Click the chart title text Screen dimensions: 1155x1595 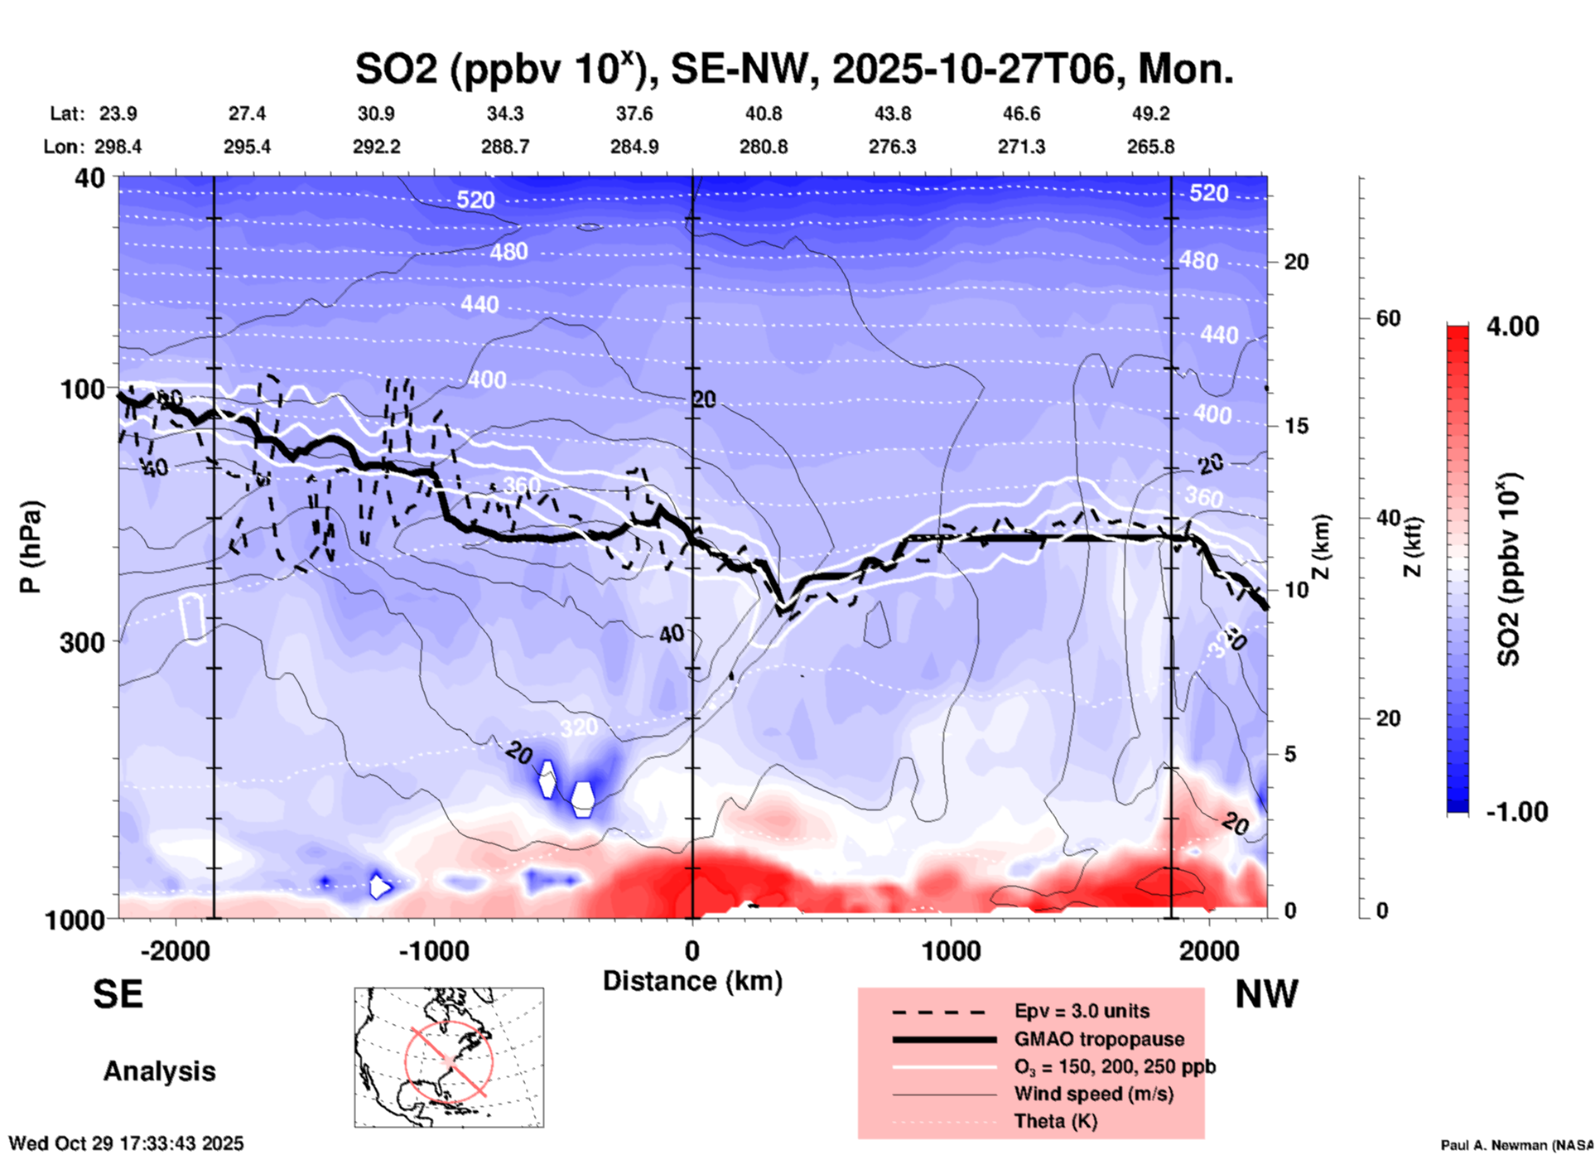point(793,69)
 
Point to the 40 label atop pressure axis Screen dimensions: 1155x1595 point(90,178)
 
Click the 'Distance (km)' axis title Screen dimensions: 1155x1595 point(692,981)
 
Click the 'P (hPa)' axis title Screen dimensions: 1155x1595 point(31,547)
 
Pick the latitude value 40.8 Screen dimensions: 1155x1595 point(763,114)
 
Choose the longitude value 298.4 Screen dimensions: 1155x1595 point(118,147)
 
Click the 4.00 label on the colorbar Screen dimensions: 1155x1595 point(1512,326)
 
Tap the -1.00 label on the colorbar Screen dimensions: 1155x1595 point(1516,811)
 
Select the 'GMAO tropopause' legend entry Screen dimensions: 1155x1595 point(1099,1039)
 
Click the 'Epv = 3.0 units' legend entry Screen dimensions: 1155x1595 point(1082,1011)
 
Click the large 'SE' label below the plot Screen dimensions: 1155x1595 point(118,994)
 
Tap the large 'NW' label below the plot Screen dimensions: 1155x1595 point(1266,994)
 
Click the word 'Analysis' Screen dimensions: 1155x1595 point(159,1071)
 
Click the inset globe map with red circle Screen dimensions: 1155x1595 point(449,1057)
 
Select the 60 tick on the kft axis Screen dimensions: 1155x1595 point(1388,318)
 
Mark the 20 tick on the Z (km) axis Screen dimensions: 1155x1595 point(1296,262)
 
